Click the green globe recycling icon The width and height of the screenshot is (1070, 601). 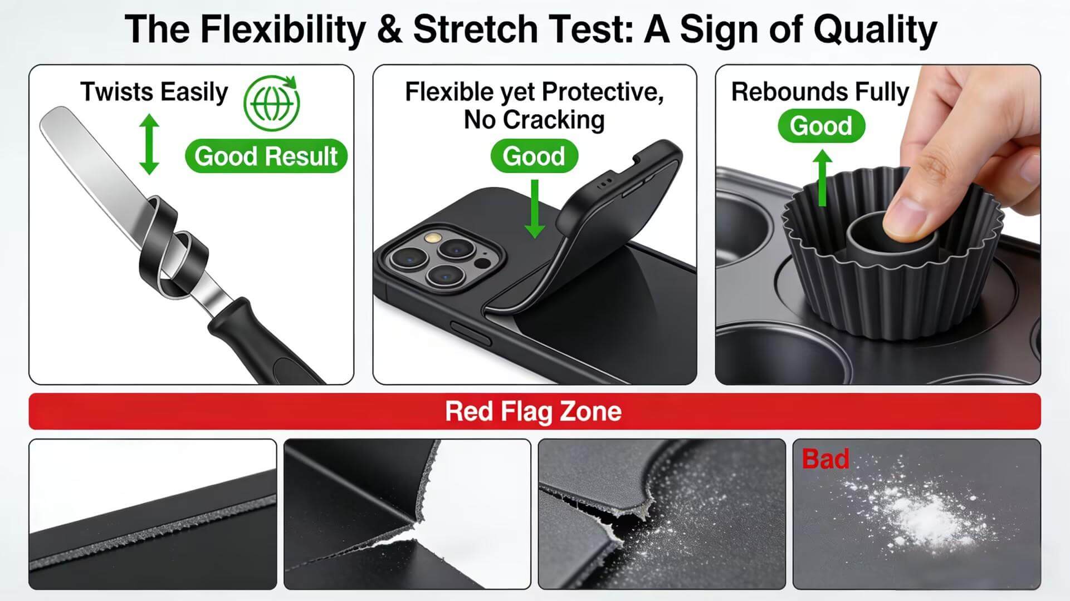tap(272, 103)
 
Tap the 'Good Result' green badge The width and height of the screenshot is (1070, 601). tap(266, 156)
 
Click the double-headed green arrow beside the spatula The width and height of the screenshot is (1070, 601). tap(149, 144)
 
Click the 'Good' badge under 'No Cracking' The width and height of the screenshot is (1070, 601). tap(534, 156)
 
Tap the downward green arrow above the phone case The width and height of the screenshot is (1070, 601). tap(535, 208)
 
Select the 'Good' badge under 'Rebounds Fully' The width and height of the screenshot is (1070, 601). tap(821, 126)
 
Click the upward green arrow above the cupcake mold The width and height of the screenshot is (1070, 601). tap(822, 178)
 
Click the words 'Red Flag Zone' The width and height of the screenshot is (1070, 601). tap(533, 411)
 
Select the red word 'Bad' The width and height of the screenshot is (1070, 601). tap(825, 459)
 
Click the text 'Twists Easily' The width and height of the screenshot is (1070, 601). tap(154, 92)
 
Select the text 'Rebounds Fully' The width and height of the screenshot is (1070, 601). tap(820, 92)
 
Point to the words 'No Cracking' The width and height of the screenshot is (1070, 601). tap(534, 120)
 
